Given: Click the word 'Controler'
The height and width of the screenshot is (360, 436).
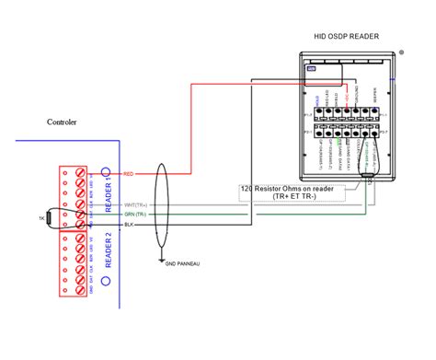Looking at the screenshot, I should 62,122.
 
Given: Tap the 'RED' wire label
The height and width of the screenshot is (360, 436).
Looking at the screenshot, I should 129,173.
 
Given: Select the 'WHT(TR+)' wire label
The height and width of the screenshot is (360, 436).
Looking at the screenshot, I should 135,204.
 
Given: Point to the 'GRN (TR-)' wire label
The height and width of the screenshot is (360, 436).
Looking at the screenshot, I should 135,215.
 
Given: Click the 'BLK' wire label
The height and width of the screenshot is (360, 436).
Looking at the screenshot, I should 129,225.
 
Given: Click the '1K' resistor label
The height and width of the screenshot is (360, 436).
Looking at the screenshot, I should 41,217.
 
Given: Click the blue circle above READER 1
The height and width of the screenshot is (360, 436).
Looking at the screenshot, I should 106,172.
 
